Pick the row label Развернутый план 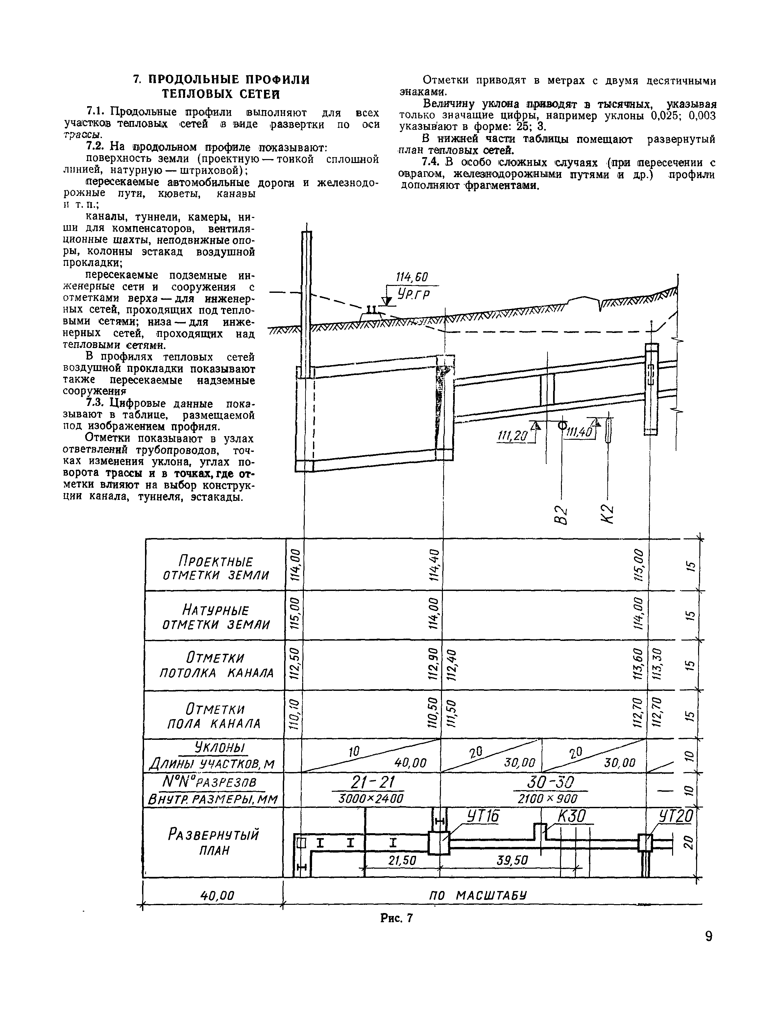pos(213,842)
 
